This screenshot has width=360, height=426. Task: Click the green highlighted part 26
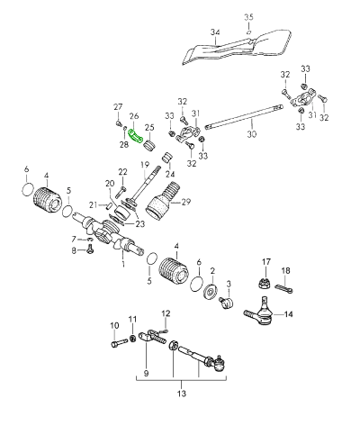[135, 137]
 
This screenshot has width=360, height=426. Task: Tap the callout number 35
[248, 17]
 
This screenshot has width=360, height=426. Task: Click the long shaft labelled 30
[244, 117]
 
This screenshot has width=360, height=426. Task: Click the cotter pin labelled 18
[283, 288]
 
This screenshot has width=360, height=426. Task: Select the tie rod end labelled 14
[260, 313]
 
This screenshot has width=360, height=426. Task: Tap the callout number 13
[182, 393]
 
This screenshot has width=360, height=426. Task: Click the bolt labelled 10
[119, 343]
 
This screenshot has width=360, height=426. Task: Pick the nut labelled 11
[133, 339]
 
